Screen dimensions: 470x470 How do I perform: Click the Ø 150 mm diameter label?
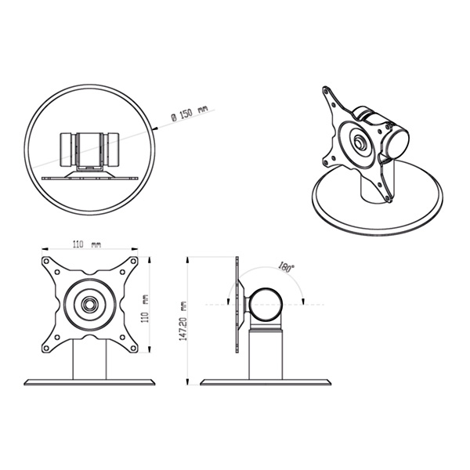[x=189, y=113]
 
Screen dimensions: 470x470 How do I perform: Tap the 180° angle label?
[x=286, y=267]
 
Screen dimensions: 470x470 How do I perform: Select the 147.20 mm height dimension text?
[x=183, y=320]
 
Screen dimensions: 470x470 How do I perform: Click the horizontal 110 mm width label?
[x=87, y=244]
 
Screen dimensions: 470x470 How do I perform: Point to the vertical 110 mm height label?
[x=145, y=309]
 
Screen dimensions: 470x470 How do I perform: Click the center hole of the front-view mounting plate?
[x=89, y=305]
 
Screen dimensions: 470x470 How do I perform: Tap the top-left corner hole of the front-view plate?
[x=46, y=261]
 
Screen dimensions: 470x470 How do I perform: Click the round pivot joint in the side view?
[x=266, y=304]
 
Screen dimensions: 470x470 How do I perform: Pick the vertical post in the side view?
[x=266, y=354]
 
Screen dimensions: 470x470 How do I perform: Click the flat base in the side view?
[x=266, y=382]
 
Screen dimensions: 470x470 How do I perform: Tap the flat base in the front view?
[x=89, y=382]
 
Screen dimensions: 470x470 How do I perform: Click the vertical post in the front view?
[x=89, y=360]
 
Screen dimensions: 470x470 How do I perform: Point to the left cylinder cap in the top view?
[x=66, y=150]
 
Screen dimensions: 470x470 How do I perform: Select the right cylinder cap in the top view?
[x=114, y=150]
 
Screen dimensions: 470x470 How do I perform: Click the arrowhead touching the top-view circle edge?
[x=156, y=128]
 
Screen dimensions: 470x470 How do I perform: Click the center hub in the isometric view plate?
[x=359, y=142]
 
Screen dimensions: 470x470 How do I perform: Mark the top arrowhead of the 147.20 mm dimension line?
[x=187, y=259]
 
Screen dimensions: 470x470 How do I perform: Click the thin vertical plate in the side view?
[x=237, y=305]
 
